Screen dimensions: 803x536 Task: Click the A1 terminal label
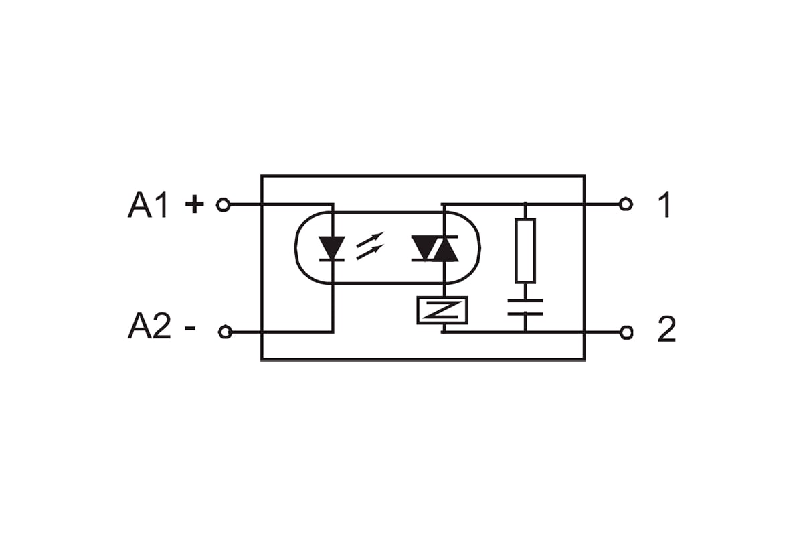tap(148, 205)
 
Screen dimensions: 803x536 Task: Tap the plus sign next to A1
tap(194, 204)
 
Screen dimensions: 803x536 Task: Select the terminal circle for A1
tap(223, 204)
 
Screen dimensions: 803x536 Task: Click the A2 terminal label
tap(149, 326)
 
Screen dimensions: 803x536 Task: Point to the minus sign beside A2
tap(189, 328)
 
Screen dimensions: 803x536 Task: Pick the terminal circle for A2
tap(225, 332)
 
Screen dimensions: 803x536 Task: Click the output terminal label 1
tap(665, 204)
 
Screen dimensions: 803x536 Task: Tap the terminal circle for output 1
tap(626, 204)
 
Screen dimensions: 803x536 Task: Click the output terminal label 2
tap(666, 329)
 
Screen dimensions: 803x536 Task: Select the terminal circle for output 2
tap(626, 332)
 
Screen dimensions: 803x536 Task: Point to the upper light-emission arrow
tap(370, 239)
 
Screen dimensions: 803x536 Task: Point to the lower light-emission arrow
tap(370, 252)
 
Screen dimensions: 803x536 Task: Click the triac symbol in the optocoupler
tap(435, 249)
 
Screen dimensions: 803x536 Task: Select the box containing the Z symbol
tap(442, 310)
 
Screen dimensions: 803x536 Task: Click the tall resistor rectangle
tap(525, 251)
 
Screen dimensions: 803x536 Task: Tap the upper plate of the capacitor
tap(525, 300)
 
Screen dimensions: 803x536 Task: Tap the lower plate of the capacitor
tap(525, 314)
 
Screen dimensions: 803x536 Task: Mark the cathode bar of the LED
tap(332, 260)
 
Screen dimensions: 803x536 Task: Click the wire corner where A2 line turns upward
tap(333, 332)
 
